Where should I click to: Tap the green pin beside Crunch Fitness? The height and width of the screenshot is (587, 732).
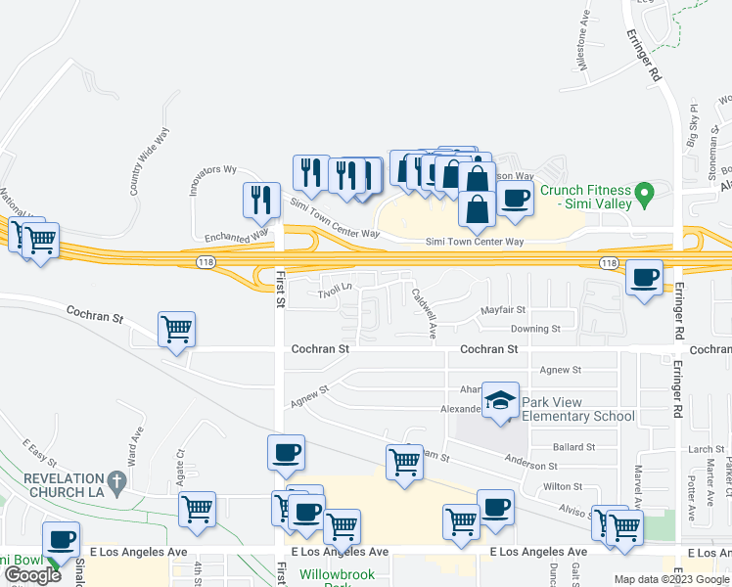pyautogui.click(x=644, y=194)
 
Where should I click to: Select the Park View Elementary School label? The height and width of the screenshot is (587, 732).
pyautogui.click(x=577, y=409)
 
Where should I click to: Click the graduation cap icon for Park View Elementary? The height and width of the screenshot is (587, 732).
pyautogui.click(x=499, y=400)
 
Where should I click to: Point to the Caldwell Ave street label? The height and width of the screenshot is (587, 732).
pyautogui.click(x=424, y=312)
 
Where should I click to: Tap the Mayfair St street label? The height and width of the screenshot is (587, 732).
pyautogui.click(x=504, y=310)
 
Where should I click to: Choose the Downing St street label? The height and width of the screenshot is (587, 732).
pyautogui.click(x=535, y=329)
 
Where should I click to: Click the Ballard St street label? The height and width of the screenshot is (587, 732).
pyautogui.click(x=573, y=447)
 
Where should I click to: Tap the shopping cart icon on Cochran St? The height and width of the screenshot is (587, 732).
pyautogui.click(x=176, y=329)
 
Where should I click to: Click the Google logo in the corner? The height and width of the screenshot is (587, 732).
pyautogui.click(x=32, y=575)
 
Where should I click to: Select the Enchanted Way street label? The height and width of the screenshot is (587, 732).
pyautogui.click(x=236, y=236)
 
